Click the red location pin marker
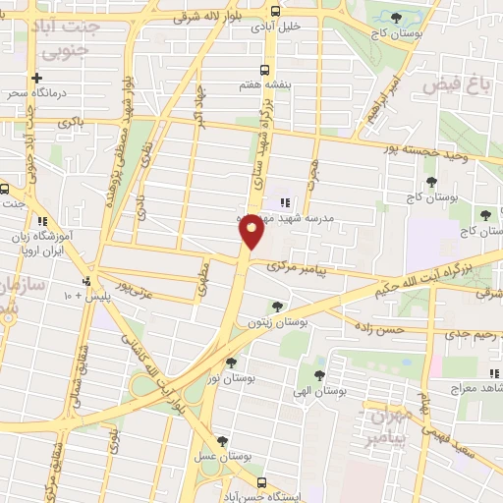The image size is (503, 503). (251, 232)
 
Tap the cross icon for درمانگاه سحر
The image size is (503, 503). (36, 77)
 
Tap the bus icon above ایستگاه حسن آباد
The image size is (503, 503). (260, 482)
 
